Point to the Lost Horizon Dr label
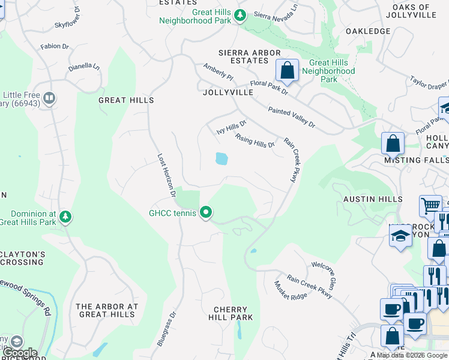point(166,175)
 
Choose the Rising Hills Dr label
point(255,140)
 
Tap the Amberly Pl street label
point(217,72)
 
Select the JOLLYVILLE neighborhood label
point(228,93)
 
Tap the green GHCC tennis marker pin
point(206,212)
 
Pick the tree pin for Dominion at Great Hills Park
point(66,216)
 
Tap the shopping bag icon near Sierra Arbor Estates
point(288,70)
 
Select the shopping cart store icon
point(430,206)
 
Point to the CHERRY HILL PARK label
point(234,313)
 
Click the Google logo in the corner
point(20,353)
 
